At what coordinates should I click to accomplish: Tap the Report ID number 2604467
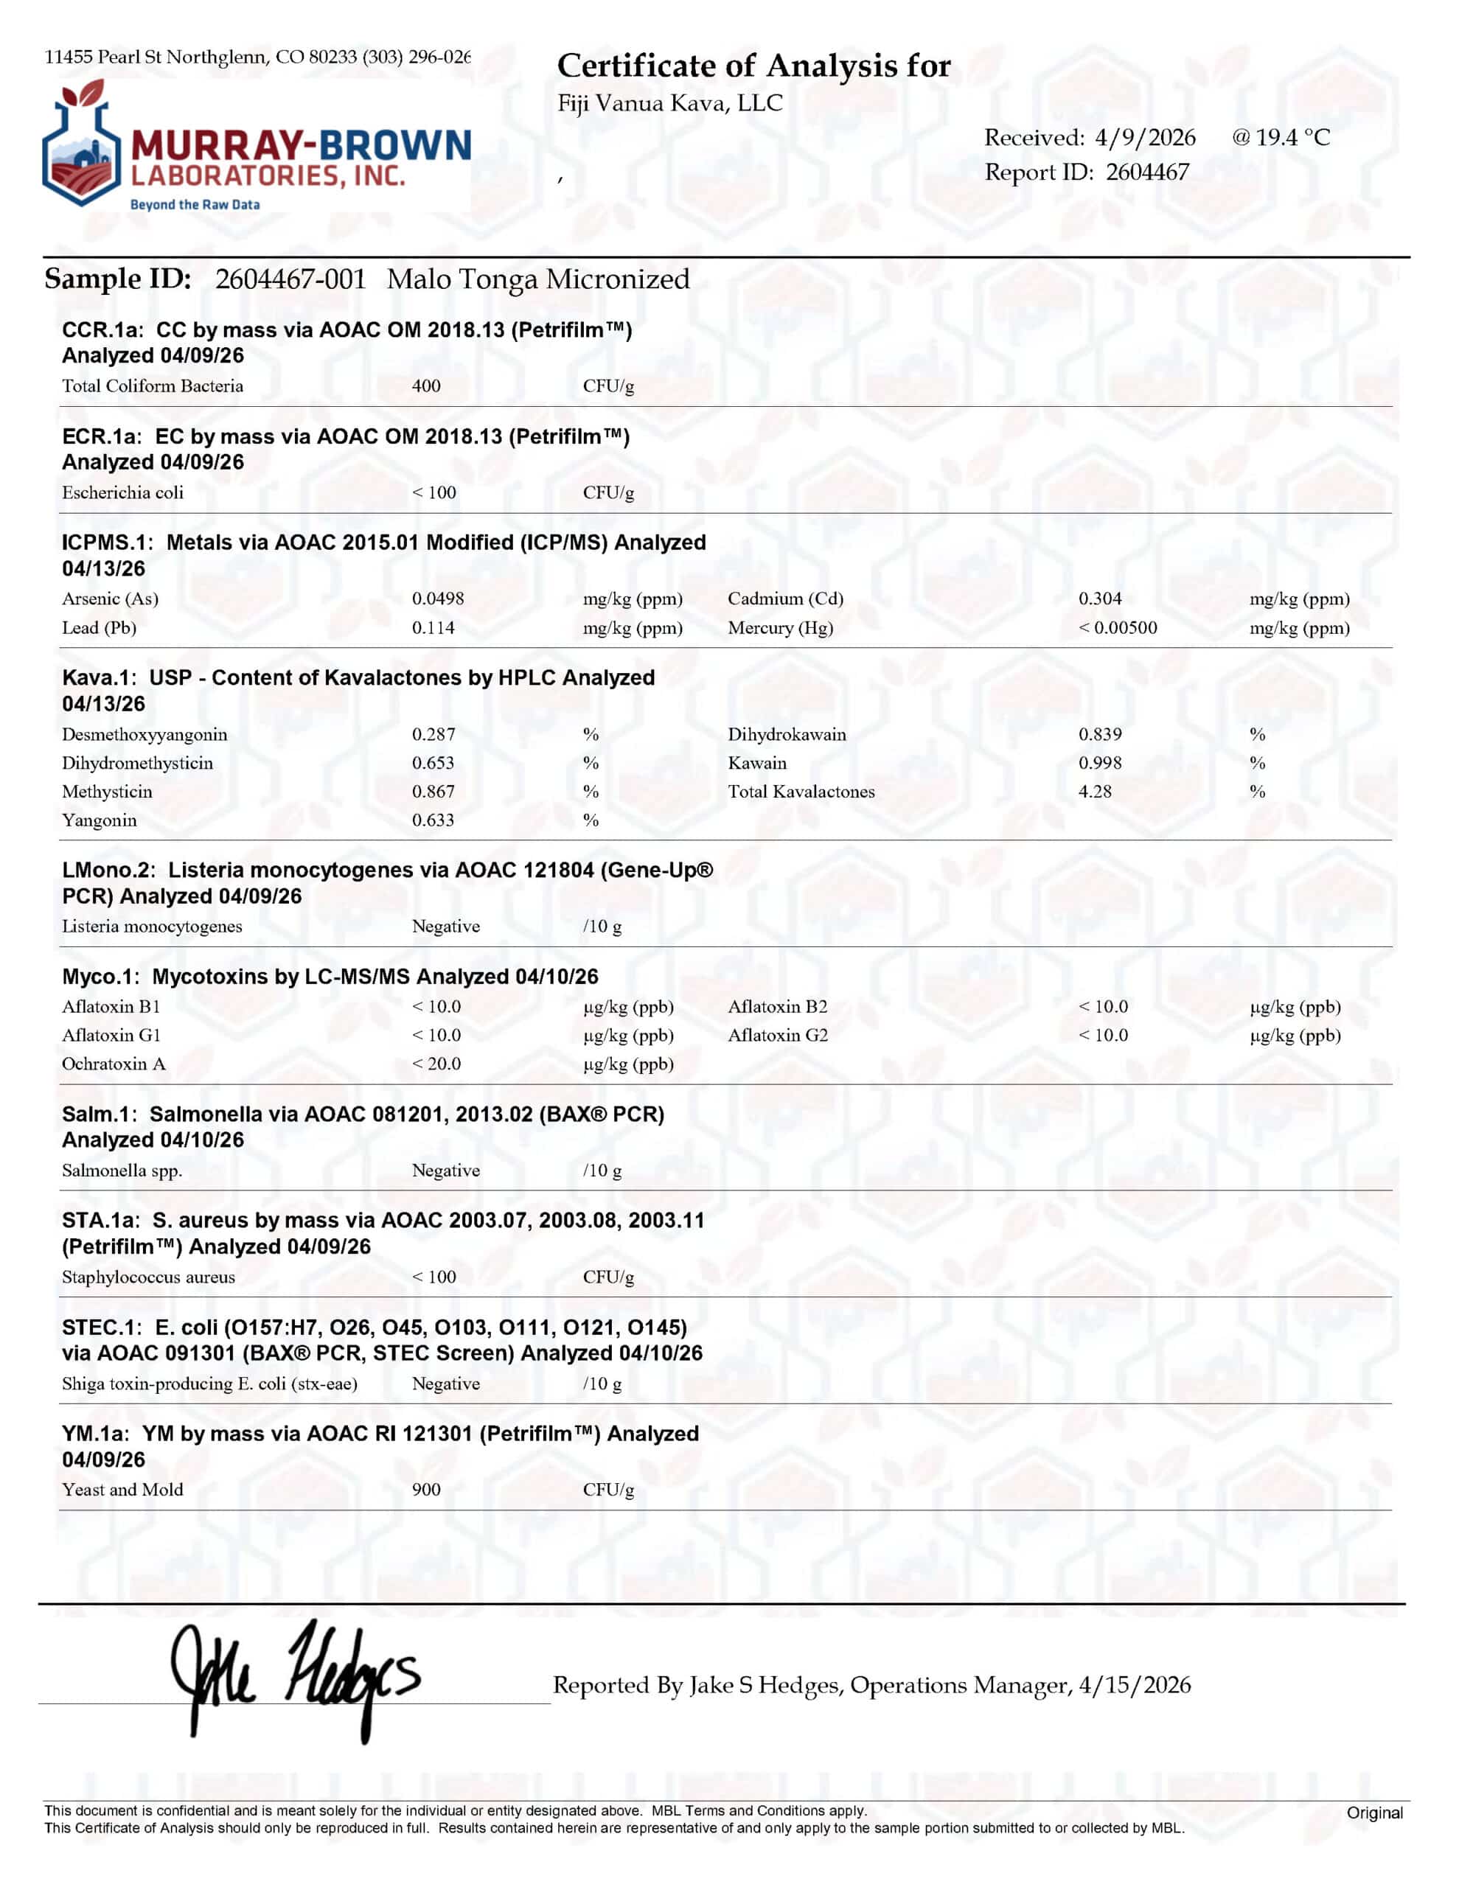[1147, 172]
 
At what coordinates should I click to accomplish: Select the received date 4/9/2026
[1144, 137]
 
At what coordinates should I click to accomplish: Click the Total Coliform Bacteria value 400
[426, 386]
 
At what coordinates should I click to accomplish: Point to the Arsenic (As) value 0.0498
[437, 599]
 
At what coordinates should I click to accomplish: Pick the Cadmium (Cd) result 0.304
[1099, 599]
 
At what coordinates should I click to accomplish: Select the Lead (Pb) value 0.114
[433, 628]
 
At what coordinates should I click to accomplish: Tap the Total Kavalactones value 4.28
[1094, 792]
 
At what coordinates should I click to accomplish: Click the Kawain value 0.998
[1099, 763]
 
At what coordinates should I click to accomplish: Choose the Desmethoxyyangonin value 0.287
[433, 734]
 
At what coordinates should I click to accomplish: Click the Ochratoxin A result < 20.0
[436, 1064]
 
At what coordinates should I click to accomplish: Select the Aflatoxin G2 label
[777, 1035]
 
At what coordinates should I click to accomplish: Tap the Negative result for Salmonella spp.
[445, 1171]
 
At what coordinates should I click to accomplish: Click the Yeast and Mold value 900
[426, 1490]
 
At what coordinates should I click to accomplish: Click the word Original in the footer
[1373, 1813]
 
